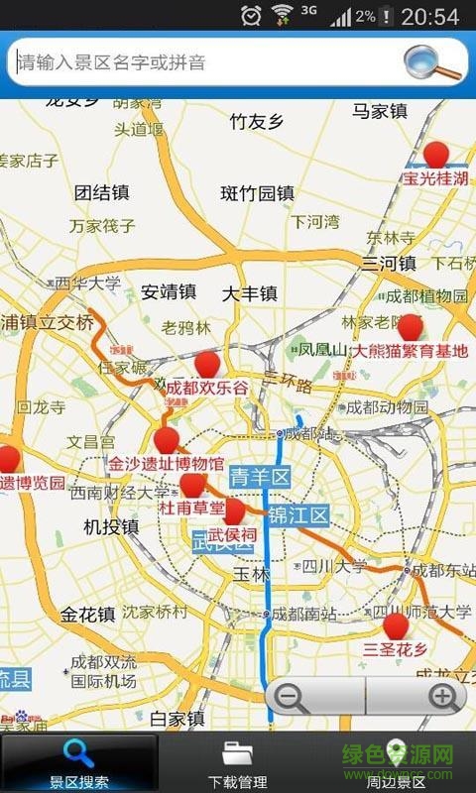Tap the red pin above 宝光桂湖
click(x=436, y=154)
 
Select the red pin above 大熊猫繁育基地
click(x=410, y=326)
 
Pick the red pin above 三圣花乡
click(x=396, y=625)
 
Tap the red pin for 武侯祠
click(x=233, y=511)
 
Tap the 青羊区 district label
click(x=259, y=478)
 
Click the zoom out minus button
click(x=291, y=697)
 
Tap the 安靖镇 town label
click(x=169, y=292)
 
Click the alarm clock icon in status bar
click(x=252, y=16)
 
